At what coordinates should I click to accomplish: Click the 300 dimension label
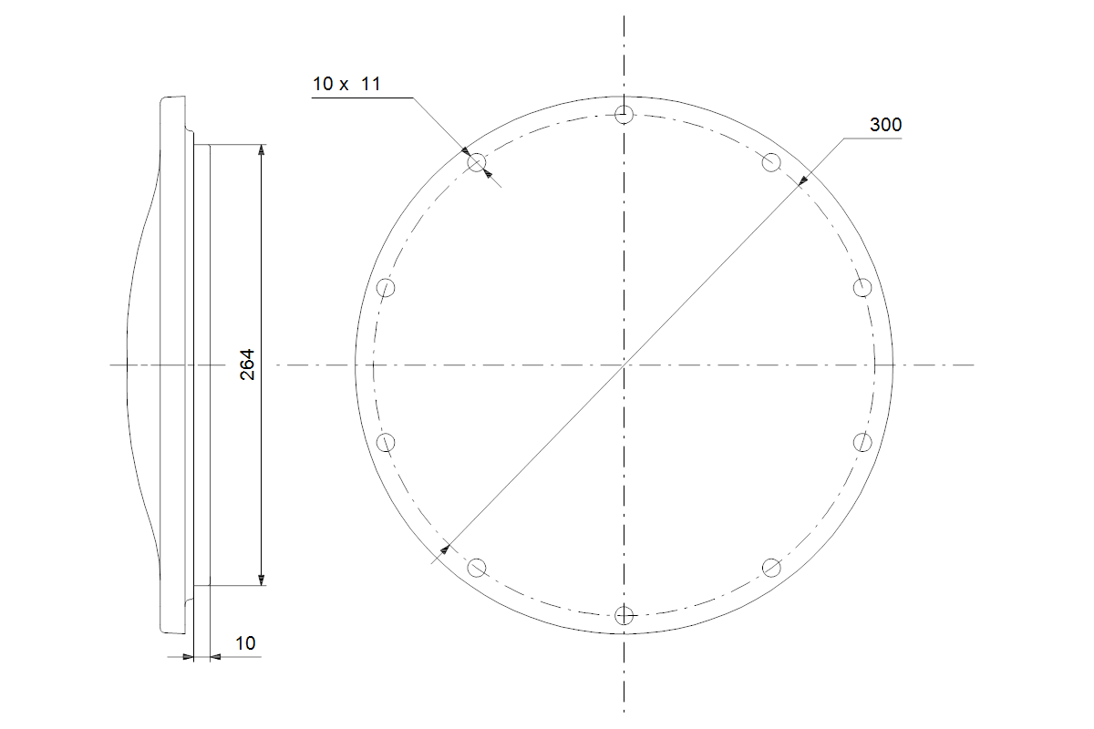[885, 125]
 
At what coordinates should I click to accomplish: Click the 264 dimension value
[248, 364]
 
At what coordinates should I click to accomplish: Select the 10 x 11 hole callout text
[346, 84]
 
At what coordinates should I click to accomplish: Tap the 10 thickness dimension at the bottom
[245, 643]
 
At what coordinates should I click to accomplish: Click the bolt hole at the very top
[624, 115]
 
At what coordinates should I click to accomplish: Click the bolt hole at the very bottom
[624, 615]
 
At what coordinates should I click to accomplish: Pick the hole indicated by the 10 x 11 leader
[477, 162]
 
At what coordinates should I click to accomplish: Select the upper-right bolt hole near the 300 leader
[771, 162]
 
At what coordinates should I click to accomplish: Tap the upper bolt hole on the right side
[862, 288]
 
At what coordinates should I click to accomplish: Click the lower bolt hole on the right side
[862, 442]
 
